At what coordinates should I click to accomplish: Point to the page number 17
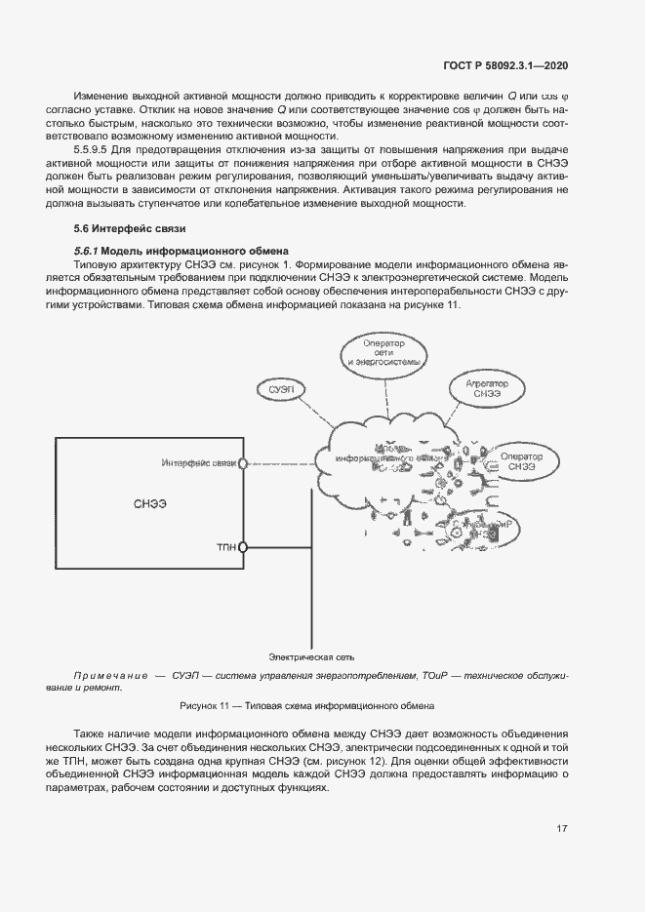point(562,828)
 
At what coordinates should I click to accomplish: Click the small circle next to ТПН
point(243,547)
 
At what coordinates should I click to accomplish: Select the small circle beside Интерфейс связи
point(243,461)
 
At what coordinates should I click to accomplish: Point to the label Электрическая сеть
point(305,656)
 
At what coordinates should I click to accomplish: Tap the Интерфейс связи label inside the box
point(199,461)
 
